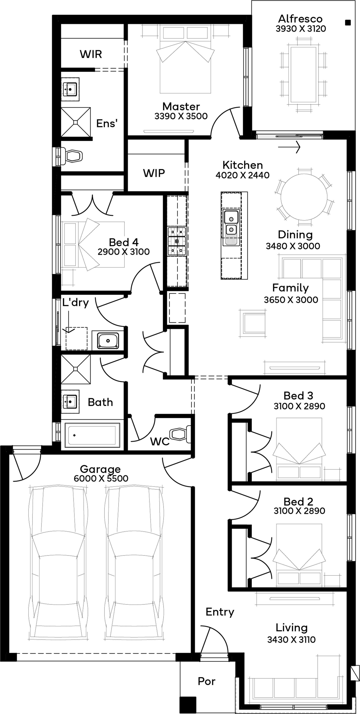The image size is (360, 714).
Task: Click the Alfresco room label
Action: pos(300,19)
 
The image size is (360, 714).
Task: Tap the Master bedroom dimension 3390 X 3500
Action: pos(181,116)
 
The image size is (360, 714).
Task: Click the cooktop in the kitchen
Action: pos(177,241)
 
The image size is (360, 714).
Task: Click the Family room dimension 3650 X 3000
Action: pos(291,300)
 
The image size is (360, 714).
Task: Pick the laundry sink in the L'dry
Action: pos(108,340)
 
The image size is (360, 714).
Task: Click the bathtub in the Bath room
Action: pos(90,435)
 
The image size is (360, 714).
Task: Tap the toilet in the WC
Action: pos(180,434)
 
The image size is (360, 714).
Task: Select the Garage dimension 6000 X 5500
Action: pos(101,478)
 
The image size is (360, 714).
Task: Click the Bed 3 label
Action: pos(298,396)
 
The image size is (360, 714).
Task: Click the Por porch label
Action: pos(206,681)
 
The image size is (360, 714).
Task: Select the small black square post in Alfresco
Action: pos(348,23)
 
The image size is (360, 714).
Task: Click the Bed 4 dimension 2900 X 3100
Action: pos(124,252)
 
